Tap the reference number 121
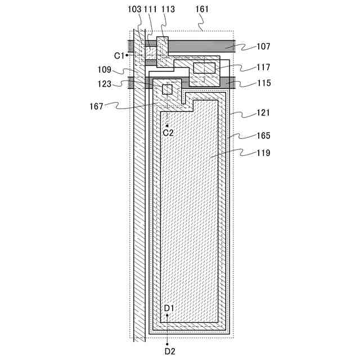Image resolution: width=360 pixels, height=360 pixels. [263, 113]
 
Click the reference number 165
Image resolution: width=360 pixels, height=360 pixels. [263, 136]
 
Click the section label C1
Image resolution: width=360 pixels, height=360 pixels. [119, 55]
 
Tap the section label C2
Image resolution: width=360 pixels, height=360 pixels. [168, 132]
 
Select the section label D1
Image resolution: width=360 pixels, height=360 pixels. [169, 308]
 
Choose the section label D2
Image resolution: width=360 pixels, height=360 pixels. [169, 351]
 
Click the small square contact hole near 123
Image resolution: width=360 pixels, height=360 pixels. [168, 88]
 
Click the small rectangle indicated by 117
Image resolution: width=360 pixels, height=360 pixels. [204, 68]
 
